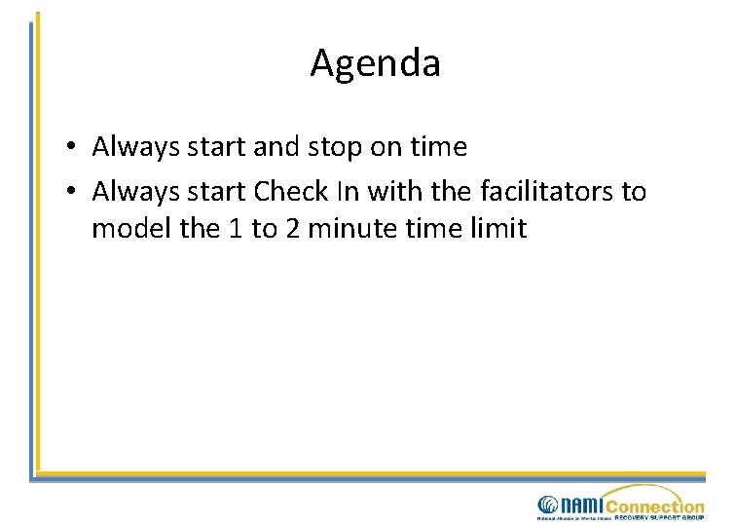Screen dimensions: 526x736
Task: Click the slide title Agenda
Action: (x=375, y=64)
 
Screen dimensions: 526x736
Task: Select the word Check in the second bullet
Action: (x=291, y=192)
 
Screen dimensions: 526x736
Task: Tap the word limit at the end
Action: (x=497, y=230)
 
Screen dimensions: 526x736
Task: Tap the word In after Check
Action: (x=348, y=192)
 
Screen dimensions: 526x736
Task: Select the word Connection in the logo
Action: (x=654, y=506)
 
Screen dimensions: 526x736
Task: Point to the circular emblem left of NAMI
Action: (x=547, y=505)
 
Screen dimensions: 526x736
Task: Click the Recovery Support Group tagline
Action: (x=659, y=518)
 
